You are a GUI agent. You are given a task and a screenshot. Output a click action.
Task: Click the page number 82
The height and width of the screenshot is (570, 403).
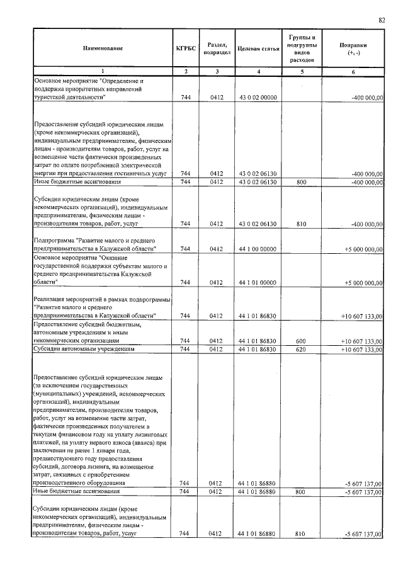[x=382, y=20]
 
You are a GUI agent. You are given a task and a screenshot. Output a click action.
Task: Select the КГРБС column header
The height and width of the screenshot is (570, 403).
[x=185, y=48]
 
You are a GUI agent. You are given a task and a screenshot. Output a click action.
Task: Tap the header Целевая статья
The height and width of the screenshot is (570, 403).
[x=255, y=48]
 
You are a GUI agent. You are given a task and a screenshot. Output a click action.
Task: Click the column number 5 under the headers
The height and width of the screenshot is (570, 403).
[x=300, y=72]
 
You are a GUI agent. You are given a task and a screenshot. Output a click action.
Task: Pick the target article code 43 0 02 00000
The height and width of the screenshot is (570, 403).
[x=255, y=98]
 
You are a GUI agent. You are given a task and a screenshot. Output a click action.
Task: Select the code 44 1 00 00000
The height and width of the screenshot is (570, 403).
[x=255, y=249]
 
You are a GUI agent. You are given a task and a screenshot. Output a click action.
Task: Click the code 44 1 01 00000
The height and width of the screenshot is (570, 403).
[x=255, y=282]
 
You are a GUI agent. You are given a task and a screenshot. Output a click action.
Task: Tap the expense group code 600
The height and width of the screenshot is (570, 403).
[x=300, y=341]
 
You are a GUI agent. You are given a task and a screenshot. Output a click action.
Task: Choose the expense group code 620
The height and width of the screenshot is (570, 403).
[x=300, y=348]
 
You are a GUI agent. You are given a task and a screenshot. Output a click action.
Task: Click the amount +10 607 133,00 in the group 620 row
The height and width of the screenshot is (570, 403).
[x=361, y=348]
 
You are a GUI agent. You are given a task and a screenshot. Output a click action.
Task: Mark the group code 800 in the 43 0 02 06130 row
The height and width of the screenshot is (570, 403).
[x=300, y=181]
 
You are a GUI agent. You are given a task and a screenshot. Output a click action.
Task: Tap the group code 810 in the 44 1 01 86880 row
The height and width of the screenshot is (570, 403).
[x=300, y=533]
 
